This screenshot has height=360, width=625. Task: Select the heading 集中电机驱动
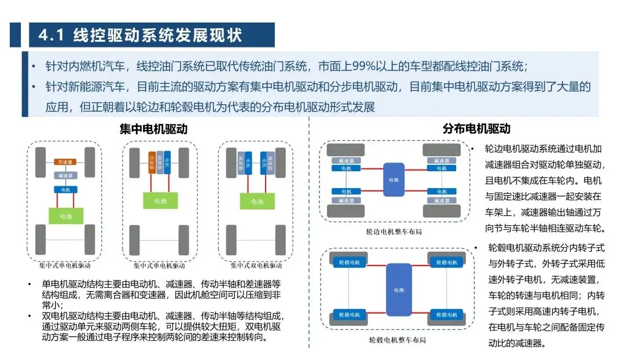[153, 129]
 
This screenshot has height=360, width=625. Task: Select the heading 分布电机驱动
[476, 129]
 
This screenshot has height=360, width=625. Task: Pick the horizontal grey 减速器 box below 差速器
[65, 175]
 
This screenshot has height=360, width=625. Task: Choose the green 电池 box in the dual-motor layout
[256, 201]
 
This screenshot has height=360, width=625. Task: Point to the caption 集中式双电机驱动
[256, 266]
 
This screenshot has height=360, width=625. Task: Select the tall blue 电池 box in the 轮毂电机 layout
[399, 289]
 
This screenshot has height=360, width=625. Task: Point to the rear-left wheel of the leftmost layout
[40, 239]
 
